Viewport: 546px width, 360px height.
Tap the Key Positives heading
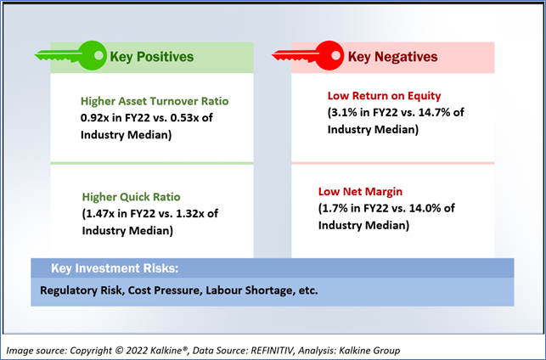coord(152,57)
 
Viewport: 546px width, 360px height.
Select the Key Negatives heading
coord(393,57)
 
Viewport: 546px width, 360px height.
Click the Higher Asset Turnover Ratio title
coord(155,101)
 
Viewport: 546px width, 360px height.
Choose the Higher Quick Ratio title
coord(132,197)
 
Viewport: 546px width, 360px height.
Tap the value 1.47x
coord(100,213)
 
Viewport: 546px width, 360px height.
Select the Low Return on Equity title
coord(385,96)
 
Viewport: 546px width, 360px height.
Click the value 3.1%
coord(344,112)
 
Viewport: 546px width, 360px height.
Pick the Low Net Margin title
coord(360,192)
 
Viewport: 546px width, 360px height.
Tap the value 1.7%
coord(335,208)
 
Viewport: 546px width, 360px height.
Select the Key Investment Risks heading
coord(115,268)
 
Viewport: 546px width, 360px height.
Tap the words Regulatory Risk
coord(82,290)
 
